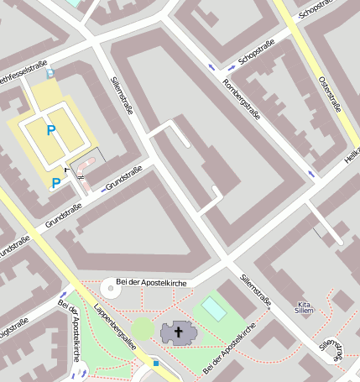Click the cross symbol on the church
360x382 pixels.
pyautogui.click(x=178, y=332)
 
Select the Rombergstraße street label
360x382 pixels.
pyautogui.click(x=241, y=99)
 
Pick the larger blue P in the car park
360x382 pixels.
pyautogui.click(x=51, y=130)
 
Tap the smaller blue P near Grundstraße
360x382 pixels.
pyautogui.click(x=56, y=182)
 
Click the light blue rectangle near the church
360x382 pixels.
pyautogui.click(x=214, y=309)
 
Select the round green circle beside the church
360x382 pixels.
pyautogui.click(x=143, y=328)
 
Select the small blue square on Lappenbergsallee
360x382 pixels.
pyautogui.click(x=155, y=363)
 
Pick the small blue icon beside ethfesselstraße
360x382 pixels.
pyautogui.click(x=50, y=73)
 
